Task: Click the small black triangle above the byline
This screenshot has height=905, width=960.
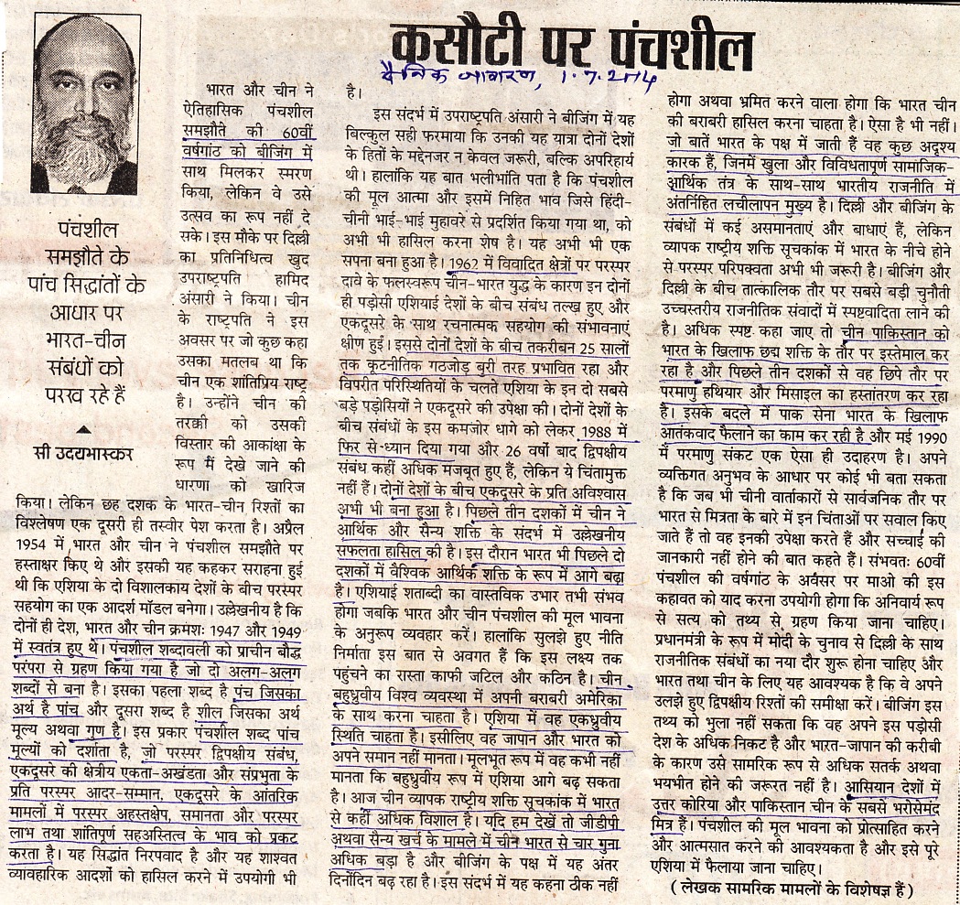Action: click(x=83, y=427)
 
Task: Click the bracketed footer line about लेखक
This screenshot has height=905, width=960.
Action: click(x=791, y=887)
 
